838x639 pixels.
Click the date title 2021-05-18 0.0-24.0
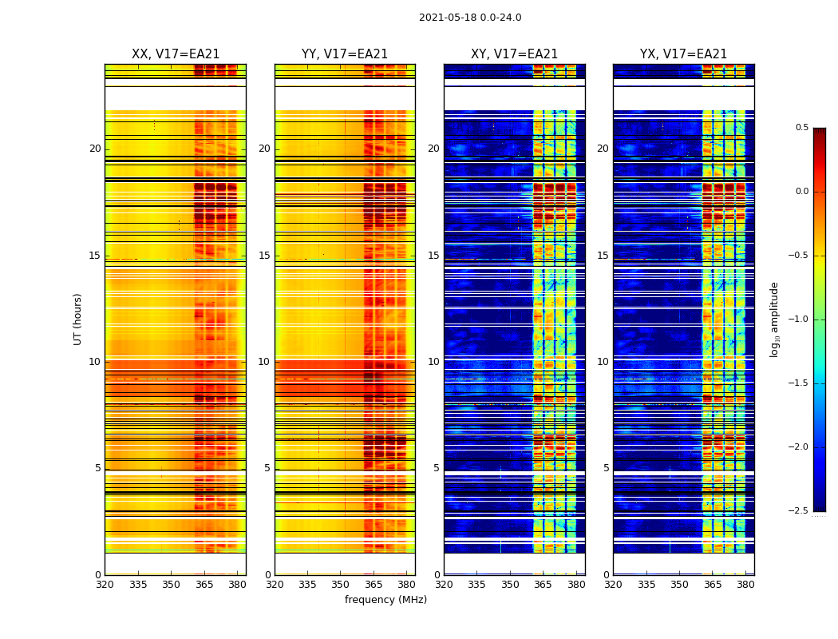tap(470, 18)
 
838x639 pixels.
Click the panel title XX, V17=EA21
tap(176, 54)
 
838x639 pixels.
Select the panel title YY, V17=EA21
tap(345, 54)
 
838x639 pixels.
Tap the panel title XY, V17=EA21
tap(514, 54)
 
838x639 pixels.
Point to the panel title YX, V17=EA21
tap(683, 54)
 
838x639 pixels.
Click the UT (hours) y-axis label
tap(77, 319)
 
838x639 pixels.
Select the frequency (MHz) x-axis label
tap(385, 600)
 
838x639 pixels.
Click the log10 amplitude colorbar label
tap(774, 319)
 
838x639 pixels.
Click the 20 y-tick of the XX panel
tap(95, 149)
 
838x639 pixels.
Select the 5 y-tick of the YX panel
tap(607, 468)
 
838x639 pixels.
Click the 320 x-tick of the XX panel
tap(105, 585)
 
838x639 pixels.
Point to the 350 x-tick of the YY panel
tap(341, 585)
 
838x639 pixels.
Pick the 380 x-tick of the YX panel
tap(745, 585)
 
